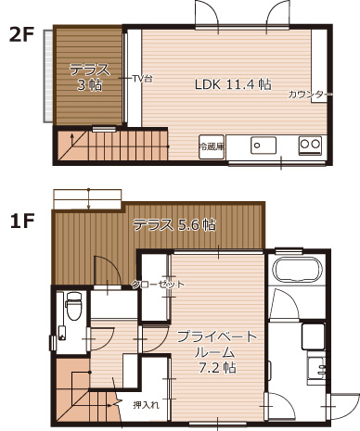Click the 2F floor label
[x=22, y=36]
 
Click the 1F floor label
[x=22, y=222]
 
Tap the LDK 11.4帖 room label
[x=232, y=83]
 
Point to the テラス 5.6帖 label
[x=174, y=224]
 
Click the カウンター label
[x=309, y=95]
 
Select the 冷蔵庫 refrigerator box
[x=212, y=146]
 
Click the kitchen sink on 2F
[x=263, y=146]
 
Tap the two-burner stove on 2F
[x=309, y=145]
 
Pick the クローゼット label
[x=157, y=284]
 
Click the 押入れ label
[x=146, y=404]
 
